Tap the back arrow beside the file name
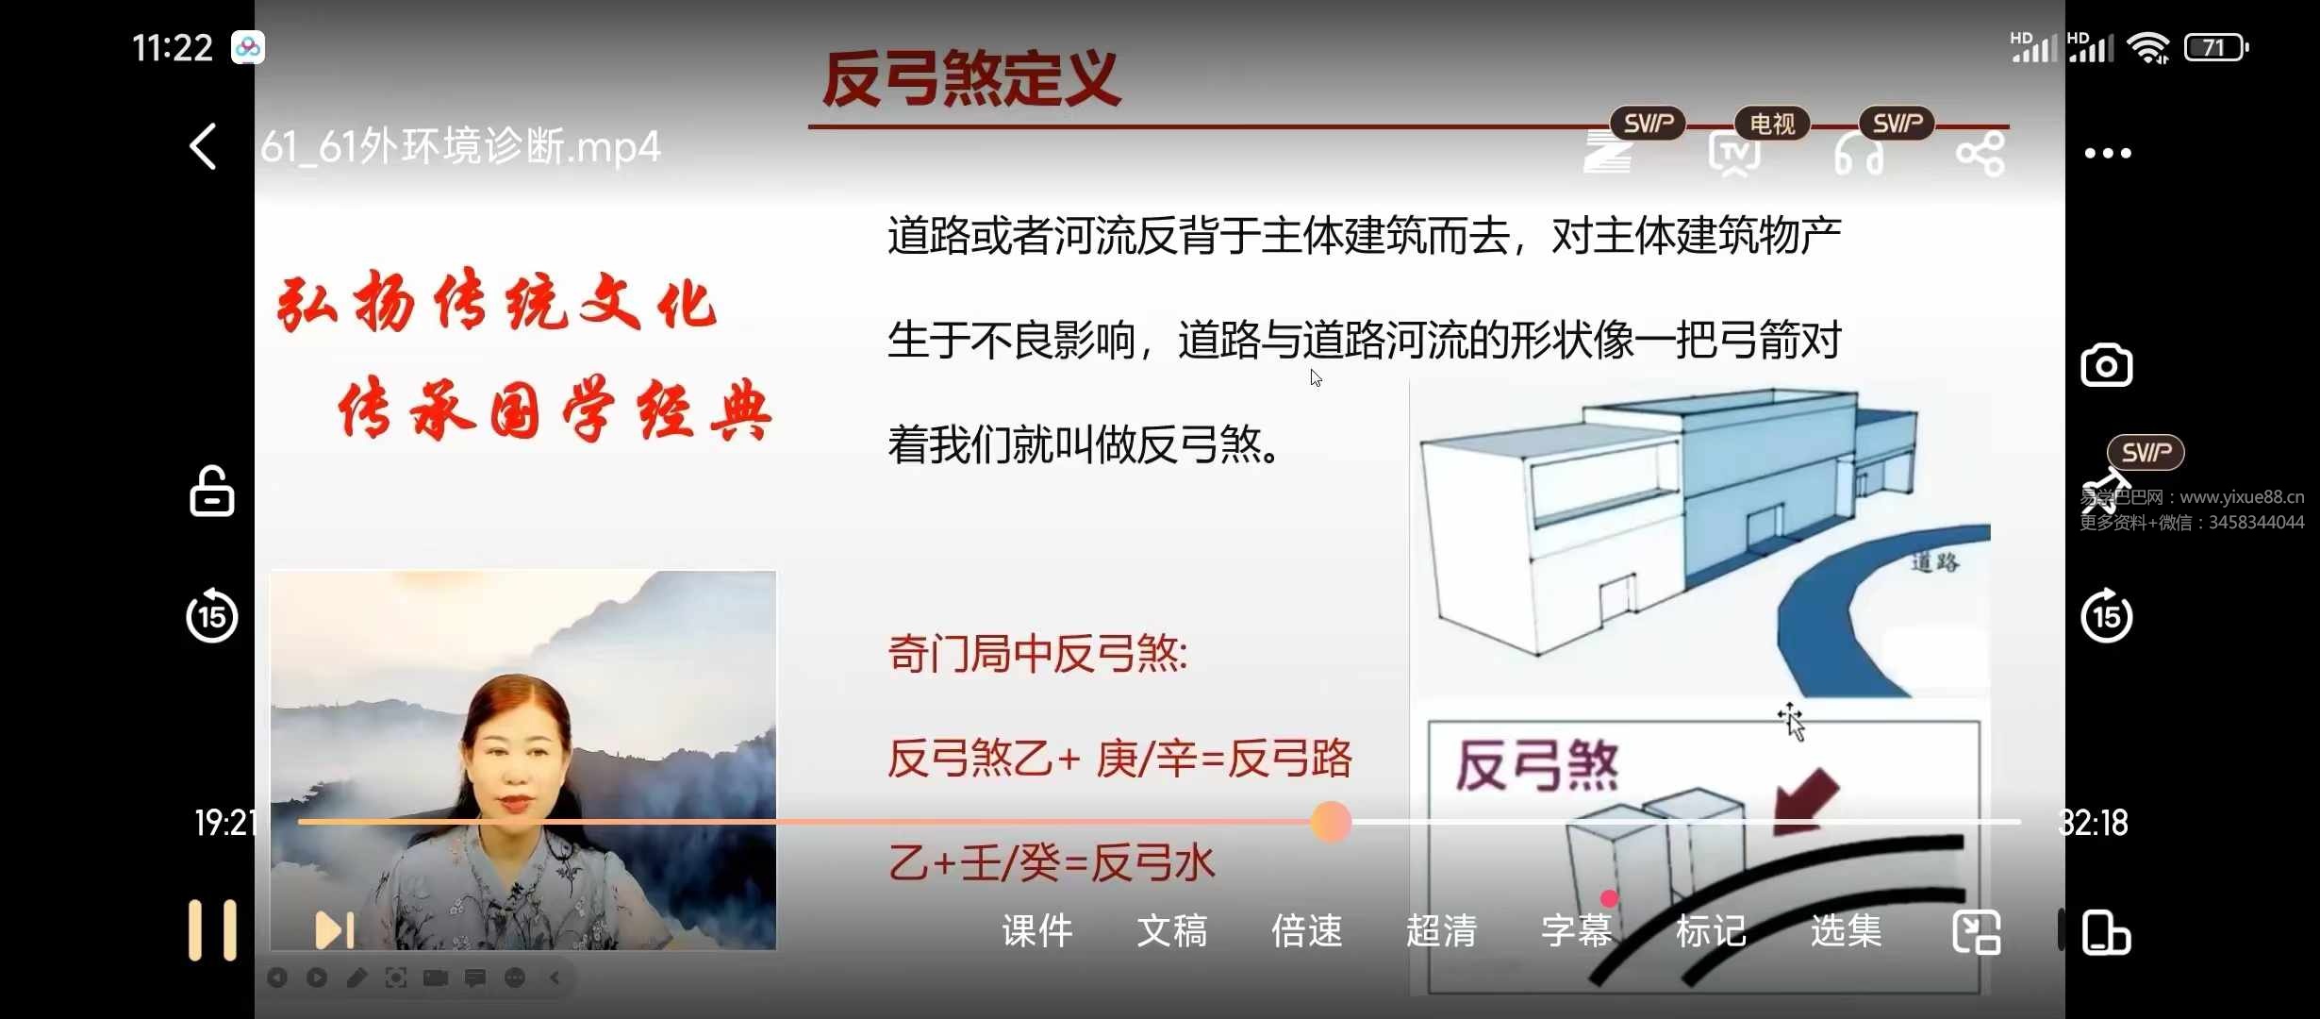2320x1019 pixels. point(204,147)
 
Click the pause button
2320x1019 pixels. point(212,930)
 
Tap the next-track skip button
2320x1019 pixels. point(335,930)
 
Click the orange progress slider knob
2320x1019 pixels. point(1331,822)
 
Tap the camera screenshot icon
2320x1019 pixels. point(2106,366)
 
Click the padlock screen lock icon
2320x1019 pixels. point(211,492)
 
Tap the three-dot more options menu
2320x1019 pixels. point(2108,154)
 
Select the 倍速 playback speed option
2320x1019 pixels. point(1306,931)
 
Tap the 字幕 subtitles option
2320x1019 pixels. point(1576,931)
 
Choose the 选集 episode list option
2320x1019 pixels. point(1846,931)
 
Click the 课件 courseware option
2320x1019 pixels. point(1036,931)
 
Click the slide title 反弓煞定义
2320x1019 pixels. point(970,79)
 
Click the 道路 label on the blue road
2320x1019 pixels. point(1935,563)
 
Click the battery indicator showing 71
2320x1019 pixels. point(2215,47)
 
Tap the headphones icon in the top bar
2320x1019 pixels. point(1858,156)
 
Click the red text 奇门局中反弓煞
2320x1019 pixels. point(1037,654)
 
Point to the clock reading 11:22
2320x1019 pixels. point(173,47)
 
